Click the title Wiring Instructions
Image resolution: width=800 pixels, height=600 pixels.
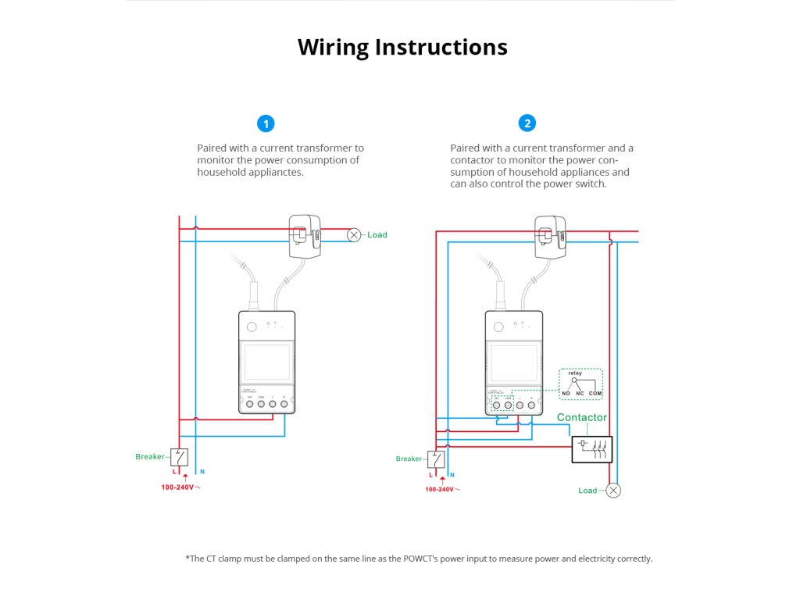pos(402,47)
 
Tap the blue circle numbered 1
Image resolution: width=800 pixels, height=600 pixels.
pos(266,123)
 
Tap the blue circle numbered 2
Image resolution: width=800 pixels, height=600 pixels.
pos(527,123)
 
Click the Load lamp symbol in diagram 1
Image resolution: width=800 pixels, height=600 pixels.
pos(354,234)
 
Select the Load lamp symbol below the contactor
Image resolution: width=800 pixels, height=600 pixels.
pos(613,491)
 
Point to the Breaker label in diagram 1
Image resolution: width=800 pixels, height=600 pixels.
pos(150,456)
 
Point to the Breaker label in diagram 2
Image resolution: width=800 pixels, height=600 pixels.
pos(409,459)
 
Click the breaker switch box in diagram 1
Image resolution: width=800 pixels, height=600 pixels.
pos(180,457)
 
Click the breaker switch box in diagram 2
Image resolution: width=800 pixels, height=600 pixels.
pos(436,459)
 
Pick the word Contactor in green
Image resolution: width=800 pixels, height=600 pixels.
pos(581,417)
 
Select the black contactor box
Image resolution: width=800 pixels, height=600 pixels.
pos(591,449)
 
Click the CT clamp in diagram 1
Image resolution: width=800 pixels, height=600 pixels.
pos(305,235)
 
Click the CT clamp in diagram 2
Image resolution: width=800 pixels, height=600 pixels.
pos(552,235)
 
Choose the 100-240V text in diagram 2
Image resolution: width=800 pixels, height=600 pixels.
pos(439,489)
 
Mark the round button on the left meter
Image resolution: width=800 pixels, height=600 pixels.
pos(252,327)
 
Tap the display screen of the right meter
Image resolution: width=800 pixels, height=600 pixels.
pos(514,361)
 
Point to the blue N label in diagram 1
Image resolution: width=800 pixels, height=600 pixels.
pos(202,472)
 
